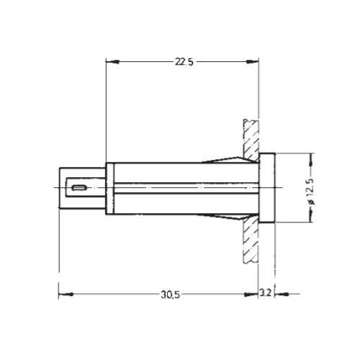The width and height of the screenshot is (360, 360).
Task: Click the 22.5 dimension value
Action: point(184,62)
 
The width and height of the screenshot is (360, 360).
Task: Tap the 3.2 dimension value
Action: point(266,294)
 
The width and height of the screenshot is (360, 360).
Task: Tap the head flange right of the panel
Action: point(266,189)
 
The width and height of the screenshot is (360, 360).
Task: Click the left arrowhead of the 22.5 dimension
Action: point(109,61)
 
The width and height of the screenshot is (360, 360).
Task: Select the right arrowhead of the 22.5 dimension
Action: point(256,61)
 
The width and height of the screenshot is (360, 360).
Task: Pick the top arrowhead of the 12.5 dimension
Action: point(311,156)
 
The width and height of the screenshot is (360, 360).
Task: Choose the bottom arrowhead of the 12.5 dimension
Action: point(311,221)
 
